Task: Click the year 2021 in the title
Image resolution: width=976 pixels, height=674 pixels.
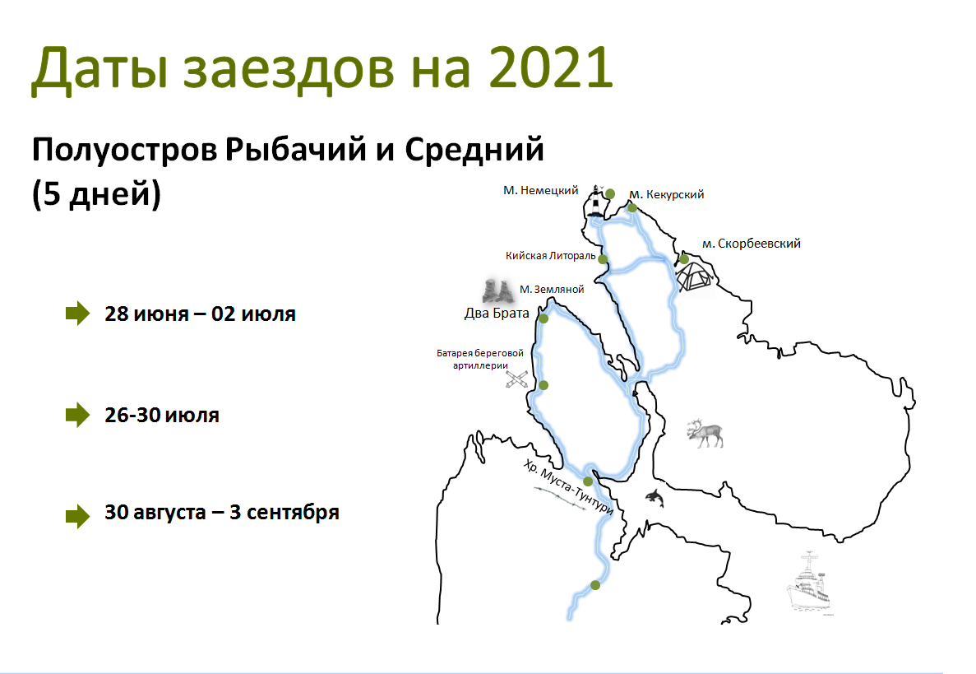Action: [x=551, y=67]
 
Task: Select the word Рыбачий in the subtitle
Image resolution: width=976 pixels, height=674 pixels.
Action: [x=295, y=150]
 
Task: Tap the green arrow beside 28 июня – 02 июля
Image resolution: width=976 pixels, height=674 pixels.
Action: [x=78, y=314]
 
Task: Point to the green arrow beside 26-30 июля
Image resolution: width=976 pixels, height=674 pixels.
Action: [x=78, y=415]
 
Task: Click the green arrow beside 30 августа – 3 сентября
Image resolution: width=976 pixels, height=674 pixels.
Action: [x=78, y=516]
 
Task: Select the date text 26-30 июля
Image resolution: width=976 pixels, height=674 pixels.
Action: [x=162, y=415]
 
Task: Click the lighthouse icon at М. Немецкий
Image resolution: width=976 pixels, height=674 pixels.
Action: [x=597, y=201]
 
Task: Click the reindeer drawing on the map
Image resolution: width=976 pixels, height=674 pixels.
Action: [x=705, y=434]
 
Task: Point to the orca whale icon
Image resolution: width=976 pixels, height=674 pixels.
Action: [x=655, y=498]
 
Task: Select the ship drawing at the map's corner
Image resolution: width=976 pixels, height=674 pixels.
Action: [x=808, y=583]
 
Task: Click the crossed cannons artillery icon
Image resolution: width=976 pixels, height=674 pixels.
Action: [x=516, y=379]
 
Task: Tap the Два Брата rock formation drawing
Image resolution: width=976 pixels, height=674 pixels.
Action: [x=497, y=291]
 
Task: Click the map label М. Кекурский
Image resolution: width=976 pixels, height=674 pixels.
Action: [x=667, y=194]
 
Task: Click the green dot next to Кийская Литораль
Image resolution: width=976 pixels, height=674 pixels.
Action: [x=603, y=259]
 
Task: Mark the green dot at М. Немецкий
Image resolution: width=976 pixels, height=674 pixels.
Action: [x=610, y=193]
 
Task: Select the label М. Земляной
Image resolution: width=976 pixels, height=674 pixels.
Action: [x=552, y=289]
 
